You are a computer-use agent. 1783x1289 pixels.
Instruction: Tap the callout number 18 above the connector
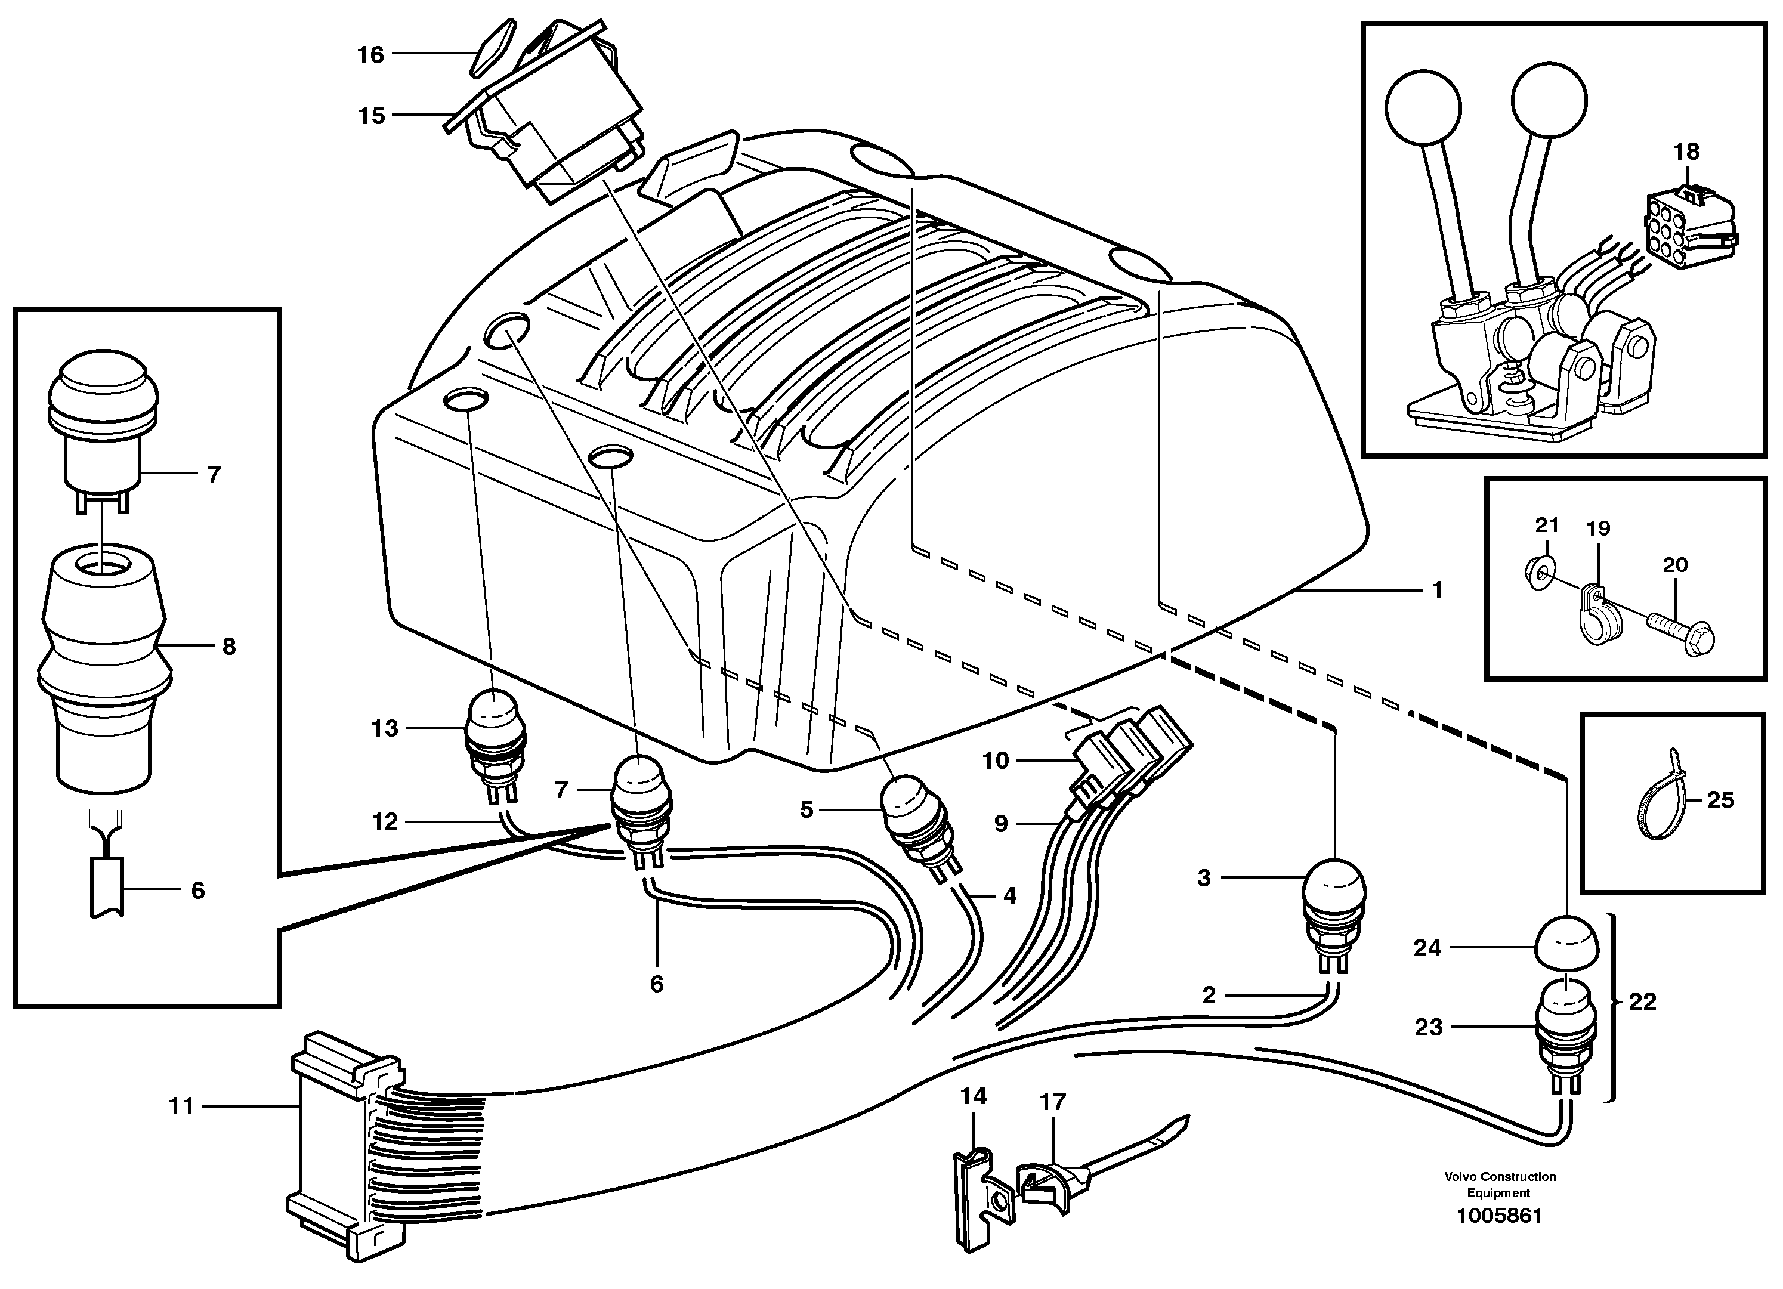point(1686,152)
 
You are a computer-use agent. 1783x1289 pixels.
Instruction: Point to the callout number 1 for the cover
point(1437,589)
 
